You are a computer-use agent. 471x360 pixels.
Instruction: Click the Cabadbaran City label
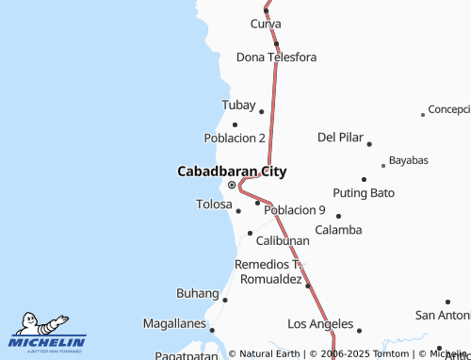point(232,172)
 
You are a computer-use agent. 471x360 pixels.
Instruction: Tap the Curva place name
point(267,23)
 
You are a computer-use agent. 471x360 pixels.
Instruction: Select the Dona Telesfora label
point(276,57)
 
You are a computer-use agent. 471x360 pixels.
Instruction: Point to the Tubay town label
point(237,105)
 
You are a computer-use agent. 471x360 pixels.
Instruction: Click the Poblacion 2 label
point(235,138)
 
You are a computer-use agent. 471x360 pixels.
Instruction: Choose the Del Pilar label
point(340,137)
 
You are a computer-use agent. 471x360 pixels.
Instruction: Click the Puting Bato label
point(364,193)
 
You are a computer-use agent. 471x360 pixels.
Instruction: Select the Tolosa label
point(213,204)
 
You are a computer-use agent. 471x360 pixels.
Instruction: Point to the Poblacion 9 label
point(295,210)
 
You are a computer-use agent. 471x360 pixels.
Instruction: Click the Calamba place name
point(338,229)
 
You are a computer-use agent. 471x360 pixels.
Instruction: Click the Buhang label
point(198,293)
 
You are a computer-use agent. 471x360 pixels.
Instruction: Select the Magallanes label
point(174,323)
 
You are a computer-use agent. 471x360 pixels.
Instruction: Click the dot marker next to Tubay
point(262,111)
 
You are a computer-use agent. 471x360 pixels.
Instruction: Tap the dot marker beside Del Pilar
point(369,144)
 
